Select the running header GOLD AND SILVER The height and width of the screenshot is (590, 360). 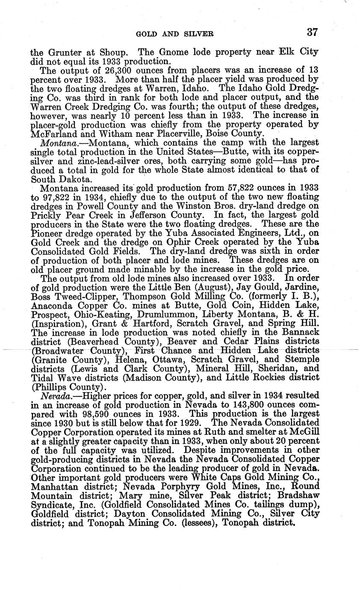(174, 33)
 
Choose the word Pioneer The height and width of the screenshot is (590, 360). (48, 233)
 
